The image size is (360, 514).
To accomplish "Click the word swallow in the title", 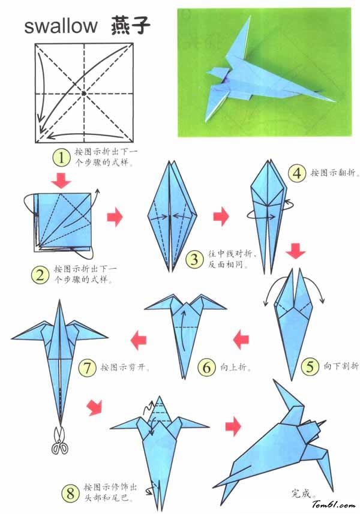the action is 61,26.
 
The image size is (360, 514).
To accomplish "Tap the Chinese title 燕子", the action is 130,25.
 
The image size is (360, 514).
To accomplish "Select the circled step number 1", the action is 61,158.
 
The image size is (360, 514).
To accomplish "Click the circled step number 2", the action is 40,275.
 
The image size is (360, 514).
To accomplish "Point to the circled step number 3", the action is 194,260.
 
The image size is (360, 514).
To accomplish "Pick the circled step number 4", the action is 297,173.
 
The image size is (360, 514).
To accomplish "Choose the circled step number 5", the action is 310,366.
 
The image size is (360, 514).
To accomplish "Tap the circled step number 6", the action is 206,367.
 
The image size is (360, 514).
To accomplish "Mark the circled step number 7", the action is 87,368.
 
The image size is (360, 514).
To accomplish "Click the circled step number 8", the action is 70,494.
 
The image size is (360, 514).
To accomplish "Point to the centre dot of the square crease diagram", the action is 84,94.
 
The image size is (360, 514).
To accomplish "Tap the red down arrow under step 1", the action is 61,181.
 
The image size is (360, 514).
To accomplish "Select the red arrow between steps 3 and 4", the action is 221,216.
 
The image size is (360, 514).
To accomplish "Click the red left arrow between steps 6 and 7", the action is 139,340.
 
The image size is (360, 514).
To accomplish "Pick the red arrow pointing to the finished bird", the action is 233,426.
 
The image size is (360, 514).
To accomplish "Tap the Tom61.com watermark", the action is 334,505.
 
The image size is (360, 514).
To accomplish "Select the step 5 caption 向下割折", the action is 341,366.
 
